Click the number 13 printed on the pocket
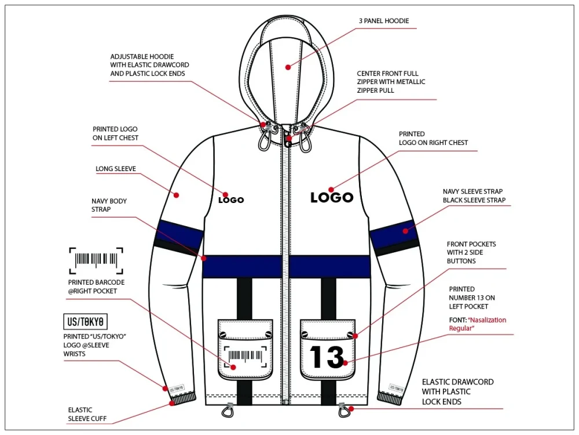[327, 357]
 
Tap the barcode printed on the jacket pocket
[245, 356]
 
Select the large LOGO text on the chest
[332, 197]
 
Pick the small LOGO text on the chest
[231, 200]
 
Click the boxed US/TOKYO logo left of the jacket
[86, 322]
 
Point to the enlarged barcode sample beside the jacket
[96, 260]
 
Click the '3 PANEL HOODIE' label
[384, 21]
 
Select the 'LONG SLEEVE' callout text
[116, 169]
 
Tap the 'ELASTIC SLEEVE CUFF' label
[87, 414]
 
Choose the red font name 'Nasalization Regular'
[478, 324]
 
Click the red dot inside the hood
[288, 67]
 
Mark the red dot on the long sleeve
[177, 195]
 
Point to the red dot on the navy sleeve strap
[405, 231]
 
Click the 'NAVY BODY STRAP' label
[109, 205]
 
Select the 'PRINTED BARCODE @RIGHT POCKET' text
[96, 287]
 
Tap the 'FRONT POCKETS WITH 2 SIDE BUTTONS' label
[471, 253]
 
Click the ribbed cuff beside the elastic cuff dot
[183, 400]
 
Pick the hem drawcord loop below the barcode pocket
[227, 410]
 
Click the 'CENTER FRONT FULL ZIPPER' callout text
[391, 82]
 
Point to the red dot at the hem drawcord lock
[351, 409]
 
